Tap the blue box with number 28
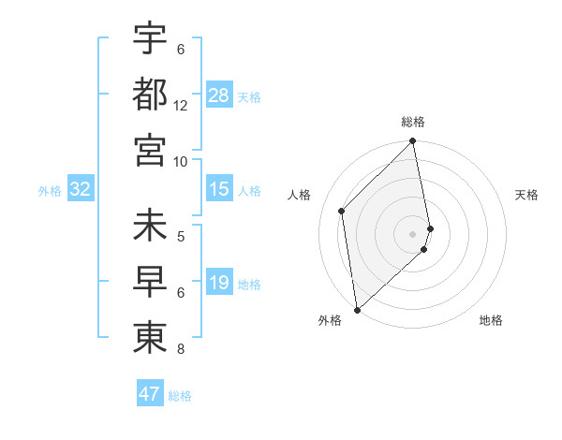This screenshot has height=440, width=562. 219,95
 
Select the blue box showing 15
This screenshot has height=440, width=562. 219,189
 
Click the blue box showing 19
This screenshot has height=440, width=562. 219,283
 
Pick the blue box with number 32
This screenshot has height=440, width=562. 81,189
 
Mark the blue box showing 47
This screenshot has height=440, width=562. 150,394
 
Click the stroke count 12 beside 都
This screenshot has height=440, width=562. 181,106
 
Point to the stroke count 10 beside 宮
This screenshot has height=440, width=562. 181,161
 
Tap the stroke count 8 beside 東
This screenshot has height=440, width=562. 181,351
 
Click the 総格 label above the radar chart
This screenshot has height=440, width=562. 413,122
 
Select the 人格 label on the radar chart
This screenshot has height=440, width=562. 300,195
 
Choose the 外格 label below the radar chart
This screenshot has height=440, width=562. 330,320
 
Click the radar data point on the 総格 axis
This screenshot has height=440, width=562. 413,142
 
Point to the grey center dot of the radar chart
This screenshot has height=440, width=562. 413,233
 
